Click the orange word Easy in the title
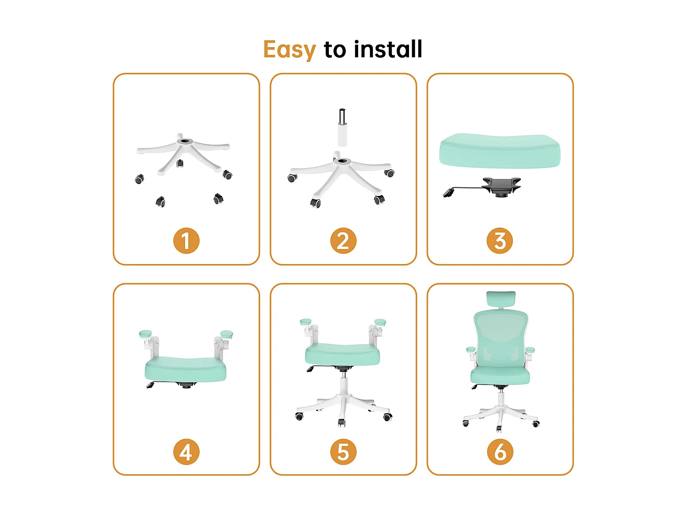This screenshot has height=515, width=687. click(289, 49)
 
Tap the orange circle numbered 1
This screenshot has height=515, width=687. click(186, 241)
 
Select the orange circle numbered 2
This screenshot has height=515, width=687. click(343, 241)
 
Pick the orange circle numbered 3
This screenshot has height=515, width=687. click(500, 241)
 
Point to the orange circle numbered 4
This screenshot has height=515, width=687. click(186, 452)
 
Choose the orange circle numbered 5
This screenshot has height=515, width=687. click(343, 452)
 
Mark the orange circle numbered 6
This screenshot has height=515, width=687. click(500, 452)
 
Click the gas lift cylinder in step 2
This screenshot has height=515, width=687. click(342, 128)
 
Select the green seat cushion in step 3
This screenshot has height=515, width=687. click(499, 151)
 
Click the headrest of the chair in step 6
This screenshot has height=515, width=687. click(501, 299)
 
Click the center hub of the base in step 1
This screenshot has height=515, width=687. click(185, 141)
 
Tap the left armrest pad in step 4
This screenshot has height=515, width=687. click(145, 334)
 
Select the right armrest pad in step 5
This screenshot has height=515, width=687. click(380, 322)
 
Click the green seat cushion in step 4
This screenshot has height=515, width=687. click(185, 369)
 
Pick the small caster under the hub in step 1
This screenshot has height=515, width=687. click(180, 163)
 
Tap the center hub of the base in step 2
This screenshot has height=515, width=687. click(342, 161)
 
